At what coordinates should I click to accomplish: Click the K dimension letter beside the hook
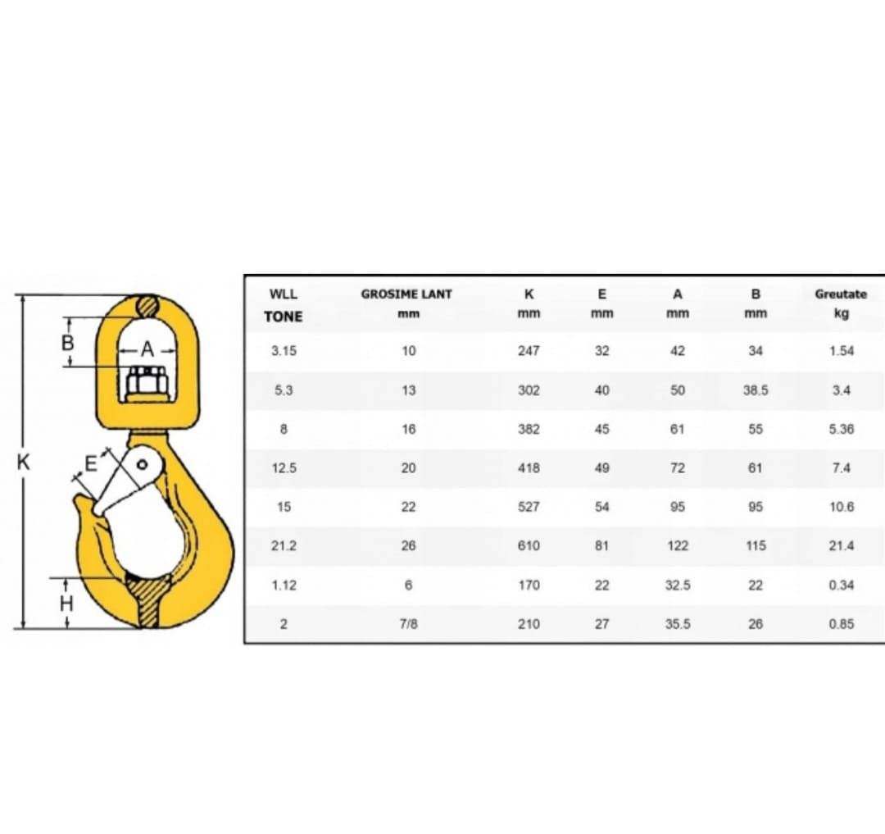pos(23,463)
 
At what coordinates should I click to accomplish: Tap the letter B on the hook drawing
pos(67,342)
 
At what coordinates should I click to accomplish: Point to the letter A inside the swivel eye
pos(147,349)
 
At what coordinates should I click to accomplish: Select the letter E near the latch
pos(90,463)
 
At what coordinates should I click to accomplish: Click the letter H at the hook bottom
pos(66,604)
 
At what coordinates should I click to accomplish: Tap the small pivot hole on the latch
pos(143,465)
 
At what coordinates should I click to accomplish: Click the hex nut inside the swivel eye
pos(147,382)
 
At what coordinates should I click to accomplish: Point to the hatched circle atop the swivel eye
pos(147,306)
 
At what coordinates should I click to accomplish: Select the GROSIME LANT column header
pos(406,294)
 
